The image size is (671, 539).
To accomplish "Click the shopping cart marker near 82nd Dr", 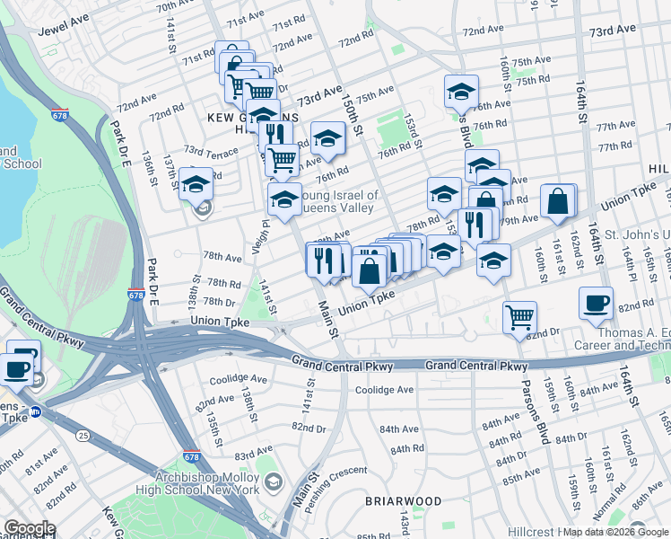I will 519,317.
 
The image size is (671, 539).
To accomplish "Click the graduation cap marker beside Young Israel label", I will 284,199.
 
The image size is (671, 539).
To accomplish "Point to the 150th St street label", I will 351,117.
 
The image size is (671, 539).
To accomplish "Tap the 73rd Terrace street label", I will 211,150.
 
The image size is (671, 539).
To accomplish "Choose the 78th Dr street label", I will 219,301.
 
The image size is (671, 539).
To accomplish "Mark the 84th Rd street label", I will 406,448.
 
